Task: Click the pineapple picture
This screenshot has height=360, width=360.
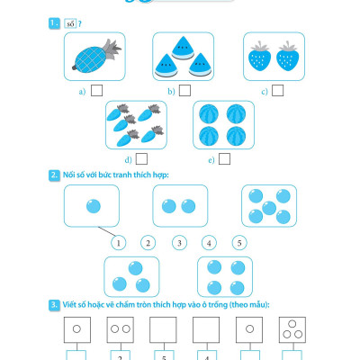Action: [96, 56]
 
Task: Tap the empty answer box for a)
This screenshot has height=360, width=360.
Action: [96, 90]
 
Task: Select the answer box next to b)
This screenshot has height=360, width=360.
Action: [184, 90]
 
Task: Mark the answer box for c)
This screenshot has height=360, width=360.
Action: [277, 90]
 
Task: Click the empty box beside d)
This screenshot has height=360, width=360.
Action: [141, 159]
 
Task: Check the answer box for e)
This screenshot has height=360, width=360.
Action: [224, 159]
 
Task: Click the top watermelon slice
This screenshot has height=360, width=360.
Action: [183, 48]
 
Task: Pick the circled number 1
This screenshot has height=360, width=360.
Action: [118, 243]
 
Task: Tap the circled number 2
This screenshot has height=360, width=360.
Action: [148, 243]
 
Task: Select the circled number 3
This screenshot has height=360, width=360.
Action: [179, 243]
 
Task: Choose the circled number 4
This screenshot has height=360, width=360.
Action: [209, 243]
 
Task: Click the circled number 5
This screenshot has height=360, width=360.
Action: [239, 243]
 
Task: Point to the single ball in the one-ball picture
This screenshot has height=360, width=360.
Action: [94, 206]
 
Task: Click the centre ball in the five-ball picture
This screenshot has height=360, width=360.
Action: [269, 208]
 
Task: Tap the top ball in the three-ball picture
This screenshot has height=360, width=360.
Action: [135, 268]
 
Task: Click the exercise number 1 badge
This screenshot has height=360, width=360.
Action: [54, 23]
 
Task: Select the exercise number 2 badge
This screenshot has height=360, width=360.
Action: [54, 175]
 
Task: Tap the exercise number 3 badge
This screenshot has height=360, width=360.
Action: [54, 305]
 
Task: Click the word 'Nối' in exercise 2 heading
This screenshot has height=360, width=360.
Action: [69, 175]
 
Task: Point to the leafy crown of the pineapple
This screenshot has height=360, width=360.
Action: [112, 49]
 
